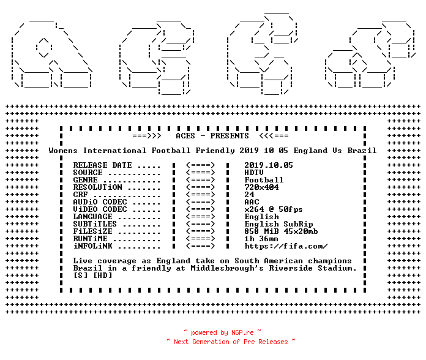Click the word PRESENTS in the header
[230, 136]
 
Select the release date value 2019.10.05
[269, 165]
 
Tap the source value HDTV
[254, 173]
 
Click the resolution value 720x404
[261, 187]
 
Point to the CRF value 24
[249, 195]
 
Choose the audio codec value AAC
[252, 202]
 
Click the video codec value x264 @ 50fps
[274, 209]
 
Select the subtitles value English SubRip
[278, 224]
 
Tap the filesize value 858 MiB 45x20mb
[281, 231]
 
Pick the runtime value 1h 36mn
[261, 239]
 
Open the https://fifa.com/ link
[286, 246]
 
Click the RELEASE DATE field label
[103, 165]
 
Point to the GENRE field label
[85, 180]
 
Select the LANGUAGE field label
[92, 217]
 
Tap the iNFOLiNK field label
[92, 246]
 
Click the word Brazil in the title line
[362, 151]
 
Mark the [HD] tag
[103, 276]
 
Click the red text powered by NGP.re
[222, 332]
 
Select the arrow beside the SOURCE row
[201, 173]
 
